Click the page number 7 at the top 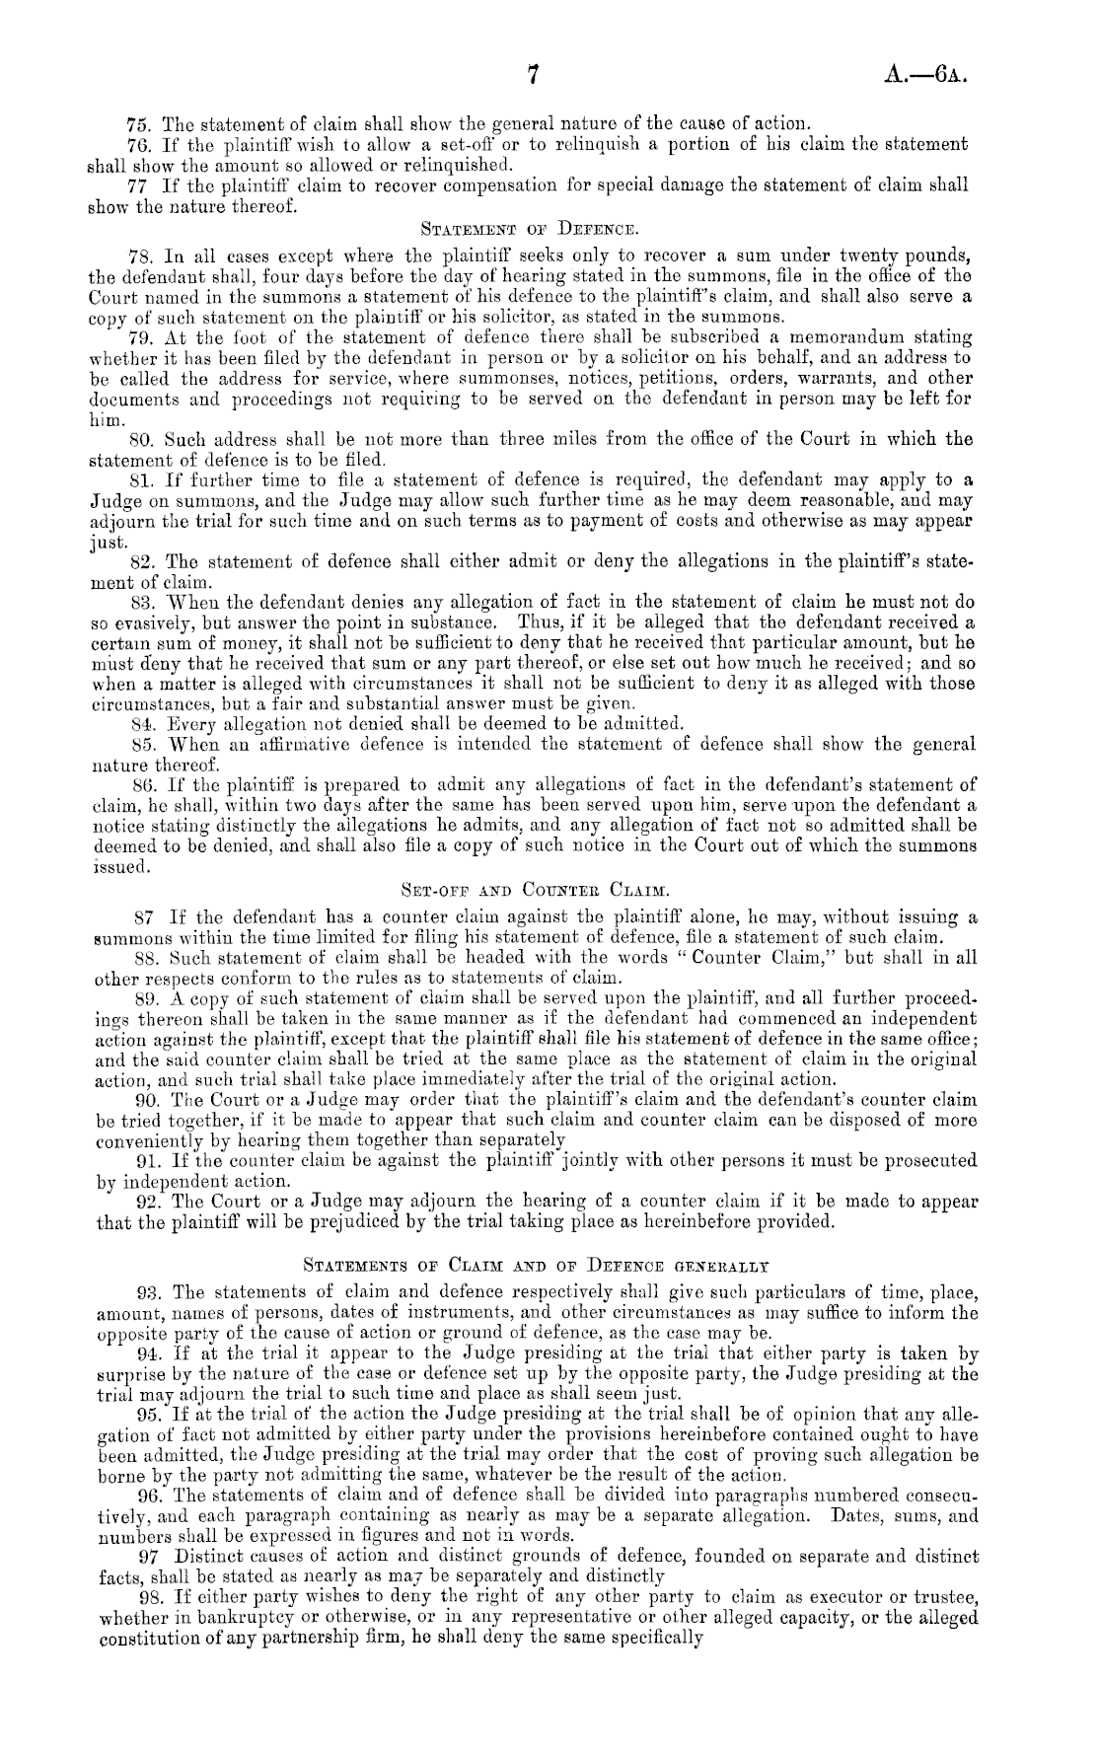(533, 77)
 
